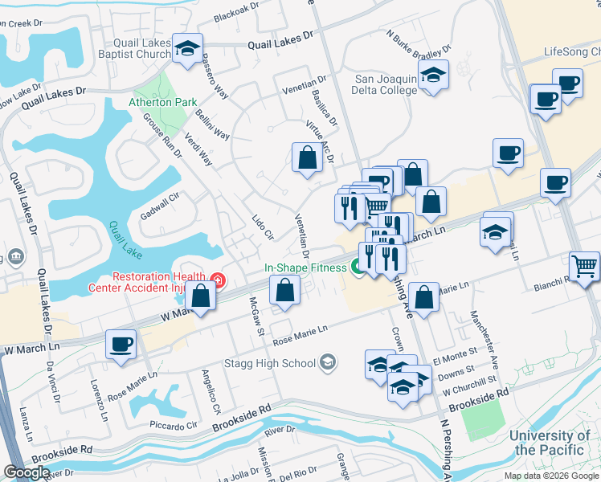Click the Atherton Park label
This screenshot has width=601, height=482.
click(151, 103)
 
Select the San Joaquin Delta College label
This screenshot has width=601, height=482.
click(386, 84)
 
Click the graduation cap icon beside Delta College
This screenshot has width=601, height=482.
click(434, 76)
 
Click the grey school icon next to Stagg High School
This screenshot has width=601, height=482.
click(326, 363)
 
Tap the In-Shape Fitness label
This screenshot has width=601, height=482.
click(305, 268)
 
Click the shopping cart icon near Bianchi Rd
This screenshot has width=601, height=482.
click(583, 266)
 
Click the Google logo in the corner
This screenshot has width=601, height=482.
click(27, 472)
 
